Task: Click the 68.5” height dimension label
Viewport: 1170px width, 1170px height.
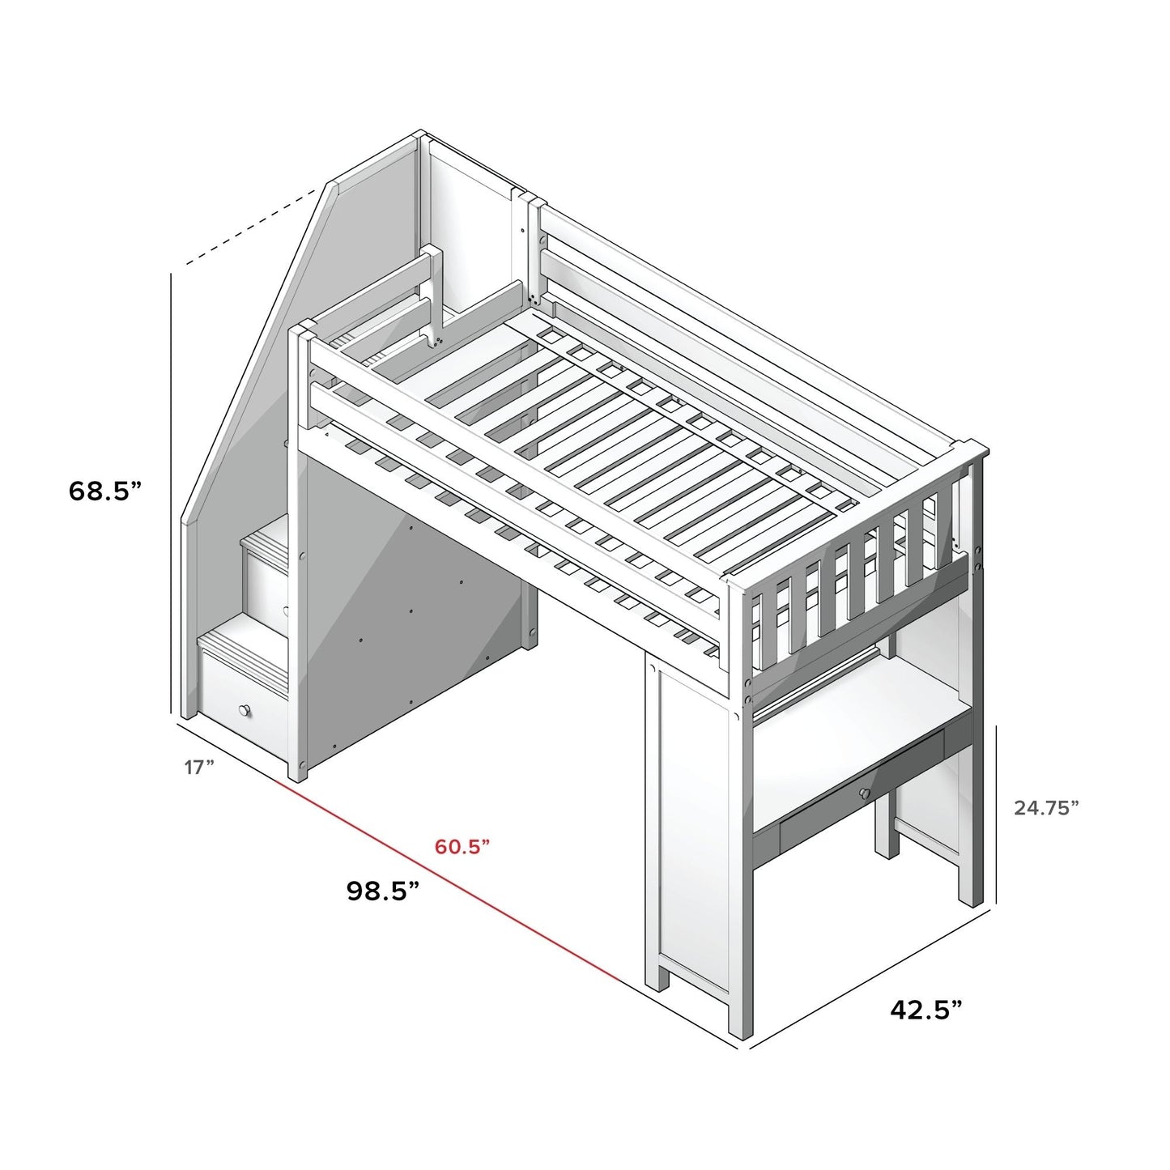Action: pos(105,491)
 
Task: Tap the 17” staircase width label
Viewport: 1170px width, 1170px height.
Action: pos(198,767)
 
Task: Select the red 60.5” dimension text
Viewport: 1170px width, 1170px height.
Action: pos(462,847)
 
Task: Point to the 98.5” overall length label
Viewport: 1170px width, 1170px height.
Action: pos(383,891)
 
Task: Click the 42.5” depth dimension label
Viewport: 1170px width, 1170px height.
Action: pos(926,1009)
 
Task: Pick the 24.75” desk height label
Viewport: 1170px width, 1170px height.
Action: pos(1046,807)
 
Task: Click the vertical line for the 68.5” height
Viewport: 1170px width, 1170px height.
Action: pos(172,486)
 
